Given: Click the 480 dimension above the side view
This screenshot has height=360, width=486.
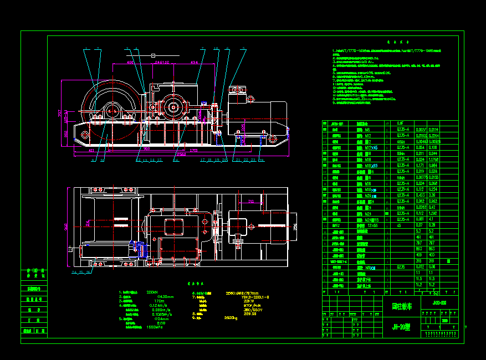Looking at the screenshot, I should point(130,63).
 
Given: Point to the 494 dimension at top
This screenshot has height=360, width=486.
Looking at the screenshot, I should point(195,63).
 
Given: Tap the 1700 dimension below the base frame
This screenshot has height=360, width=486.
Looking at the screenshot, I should point(193,150).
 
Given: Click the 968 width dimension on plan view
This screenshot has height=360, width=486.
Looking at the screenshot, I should point(66,228).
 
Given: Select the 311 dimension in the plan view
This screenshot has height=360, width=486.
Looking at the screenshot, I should point(251,201).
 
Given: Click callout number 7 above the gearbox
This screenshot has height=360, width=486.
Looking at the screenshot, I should point(203,48).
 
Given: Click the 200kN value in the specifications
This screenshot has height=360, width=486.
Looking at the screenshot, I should point(152,292).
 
